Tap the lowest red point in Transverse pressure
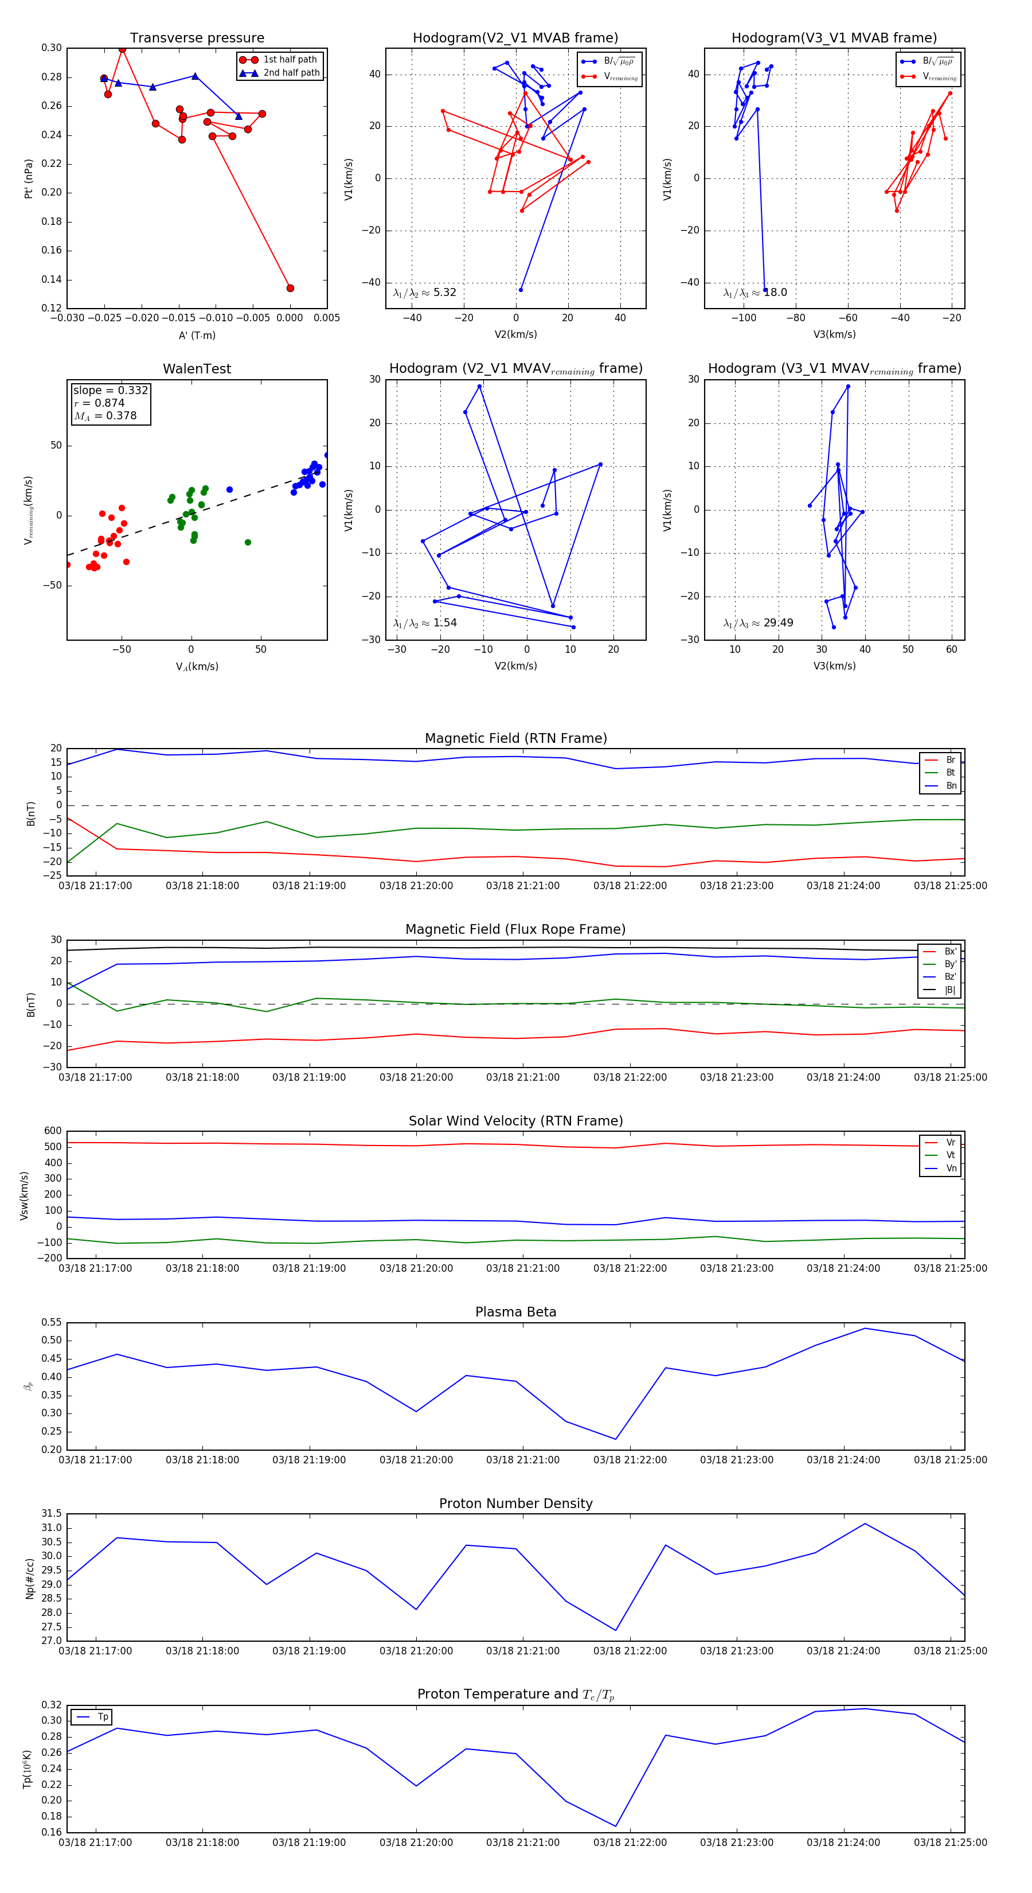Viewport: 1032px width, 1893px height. pyautogui.click(x=290, y=288)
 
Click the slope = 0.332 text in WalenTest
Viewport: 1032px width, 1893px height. pyautogui.click(x=110, y=390)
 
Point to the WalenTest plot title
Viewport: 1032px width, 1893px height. pyautogui.click(x=197, y=369)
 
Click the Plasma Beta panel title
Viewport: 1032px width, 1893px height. pyautogui.click(x=515, y=1312)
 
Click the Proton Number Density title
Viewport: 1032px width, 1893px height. pyautogui.click(x=515, y=1504)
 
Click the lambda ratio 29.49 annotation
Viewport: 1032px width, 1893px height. pyautogui.click(x=758, y=623)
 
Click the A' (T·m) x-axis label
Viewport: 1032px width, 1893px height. pyautogui.click(x=197, y=335)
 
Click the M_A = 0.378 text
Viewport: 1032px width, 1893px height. pyautogui.click(x=105, y=416)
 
